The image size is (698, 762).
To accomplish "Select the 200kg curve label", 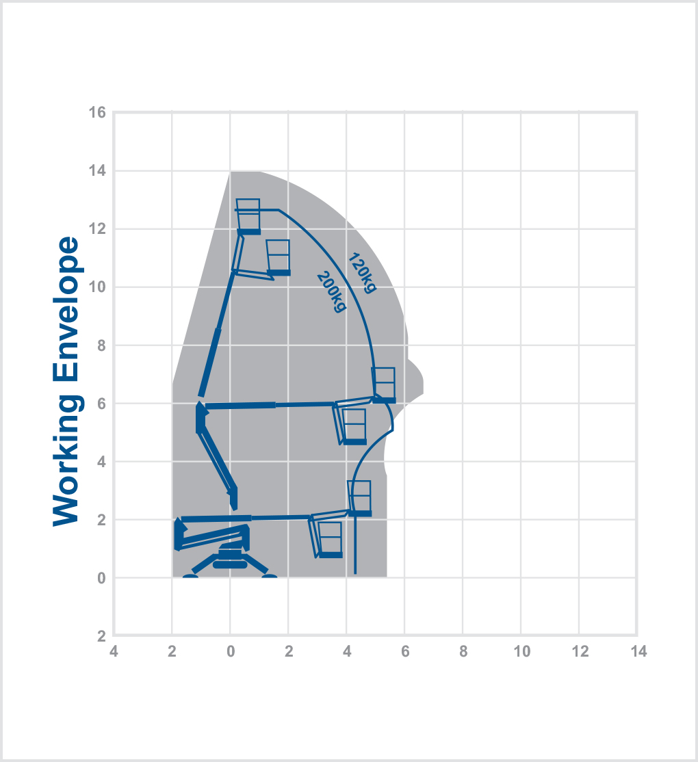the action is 332,291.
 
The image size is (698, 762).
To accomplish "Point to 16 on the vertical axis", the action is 97,113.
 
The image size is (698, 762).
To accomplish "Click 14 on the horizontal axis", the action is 638,651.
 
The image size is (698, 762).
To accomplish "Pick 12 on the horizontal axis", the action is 580,651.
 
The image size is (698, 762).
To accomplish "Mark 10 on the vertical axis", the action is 97,287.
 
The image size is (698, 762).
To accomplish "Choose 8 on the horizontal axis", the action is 463,651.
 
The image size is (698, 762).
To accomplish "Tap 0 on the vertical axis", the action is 101,578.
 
